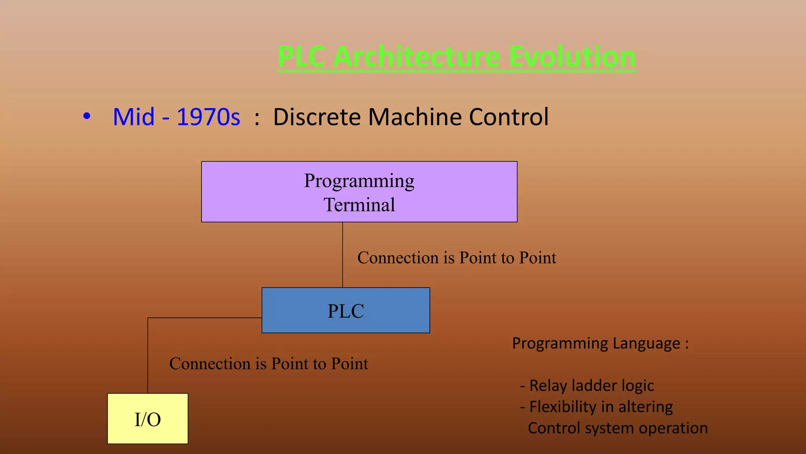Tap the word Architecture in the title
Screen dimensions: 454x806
pos(417,57)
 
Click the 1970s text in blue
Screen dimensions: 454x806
pos(208,117)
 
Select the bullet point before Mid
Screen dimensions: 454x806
pos(87,117)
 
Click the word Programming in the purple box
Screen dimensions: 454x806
pos(359,181)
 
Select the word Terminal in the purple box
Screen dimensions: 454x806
pos(359,205)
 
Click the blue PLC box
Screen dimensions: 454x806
pos(346,311)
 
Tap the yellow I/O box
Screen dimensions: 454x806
pos(148,419)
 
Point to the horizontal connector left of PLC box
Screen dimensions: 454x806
pos(205,318)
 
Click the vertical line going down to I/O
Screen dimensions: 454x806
pos(148,354)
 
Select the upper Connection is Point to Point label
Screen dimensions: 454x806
pos(457,258)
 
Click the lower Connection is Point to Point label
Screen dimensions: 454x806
pos(268,363)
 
